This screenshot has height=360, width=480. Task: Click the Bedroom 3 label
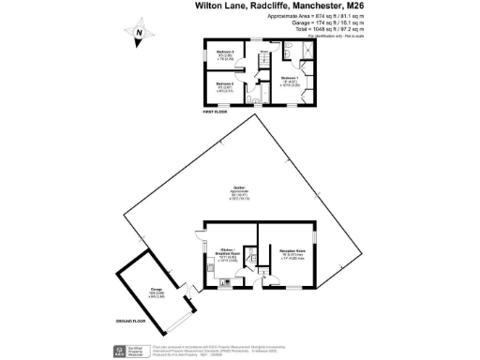(x=225, y=53)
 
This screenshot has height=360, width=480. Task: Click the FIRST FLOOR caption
(x=217, y=112)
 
